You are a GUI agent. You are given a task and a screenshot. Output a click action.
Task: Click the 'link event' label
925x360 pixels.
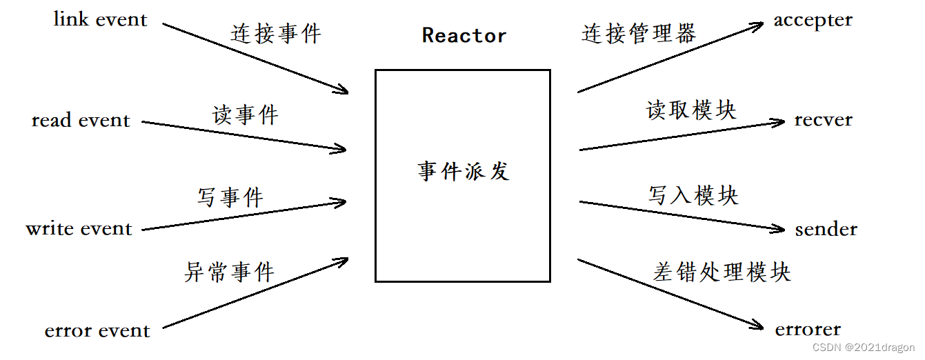[101, 19]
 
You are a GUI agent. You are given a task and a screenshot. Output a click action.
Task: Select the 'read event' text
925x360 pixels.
[81, 121]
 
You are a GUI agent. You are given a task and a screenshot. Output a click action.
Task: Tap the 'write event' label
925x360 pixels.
[79, 228]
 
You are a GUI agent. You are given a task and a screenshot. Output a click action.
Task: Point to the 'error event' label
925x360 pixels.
[97, 331]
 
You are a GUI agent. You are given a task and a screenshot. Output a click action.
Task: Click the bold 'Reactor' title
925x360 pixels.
[464, 36]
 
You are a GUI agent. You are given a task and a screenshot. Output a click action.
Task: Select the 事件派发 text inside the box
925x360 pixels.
[463, 172]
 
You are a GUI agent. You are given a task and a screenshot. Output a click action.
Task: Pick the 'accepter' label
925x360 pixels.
[813, 21]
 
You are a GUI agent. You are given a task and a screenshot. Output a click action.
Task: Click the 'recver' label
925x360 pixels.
[823, 120]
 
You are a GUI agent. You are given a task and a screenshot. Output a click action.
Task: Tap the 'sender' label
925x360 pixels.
[826, 229]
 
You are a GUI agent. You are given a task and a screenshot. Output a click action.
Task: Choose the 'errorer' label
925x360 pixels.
[808, 330]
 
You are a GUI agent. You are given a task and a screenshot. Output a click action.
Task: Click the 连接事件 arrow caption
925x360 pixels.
[276, 34]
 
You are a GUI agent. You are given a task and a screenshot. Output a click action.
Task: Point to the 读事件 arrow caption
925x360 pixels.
[245, 115]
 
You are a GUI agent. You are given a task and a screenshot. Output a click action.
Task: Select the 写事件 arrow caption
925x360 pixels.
[230, 198]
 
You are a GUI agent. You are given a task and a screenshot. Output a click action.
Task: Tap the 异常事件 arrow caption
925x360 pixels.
[230, 272]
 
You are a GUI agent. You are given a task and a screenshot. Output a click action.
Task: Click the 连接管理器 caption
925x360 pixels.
[639, 33]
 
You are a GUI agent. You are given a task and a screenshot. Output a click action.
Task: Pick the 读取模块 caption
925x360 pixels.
[690, 110]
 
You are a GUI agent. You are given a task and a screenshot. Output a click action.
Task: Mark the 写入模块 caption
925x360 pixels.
[693, 195]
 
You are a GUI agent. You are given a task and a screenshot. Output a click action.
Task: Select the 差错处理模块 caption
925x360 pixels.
[722, 272]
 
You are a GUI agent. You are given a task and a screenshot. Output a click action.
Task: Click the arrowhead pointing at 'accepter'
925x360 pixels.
[757, 26]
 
